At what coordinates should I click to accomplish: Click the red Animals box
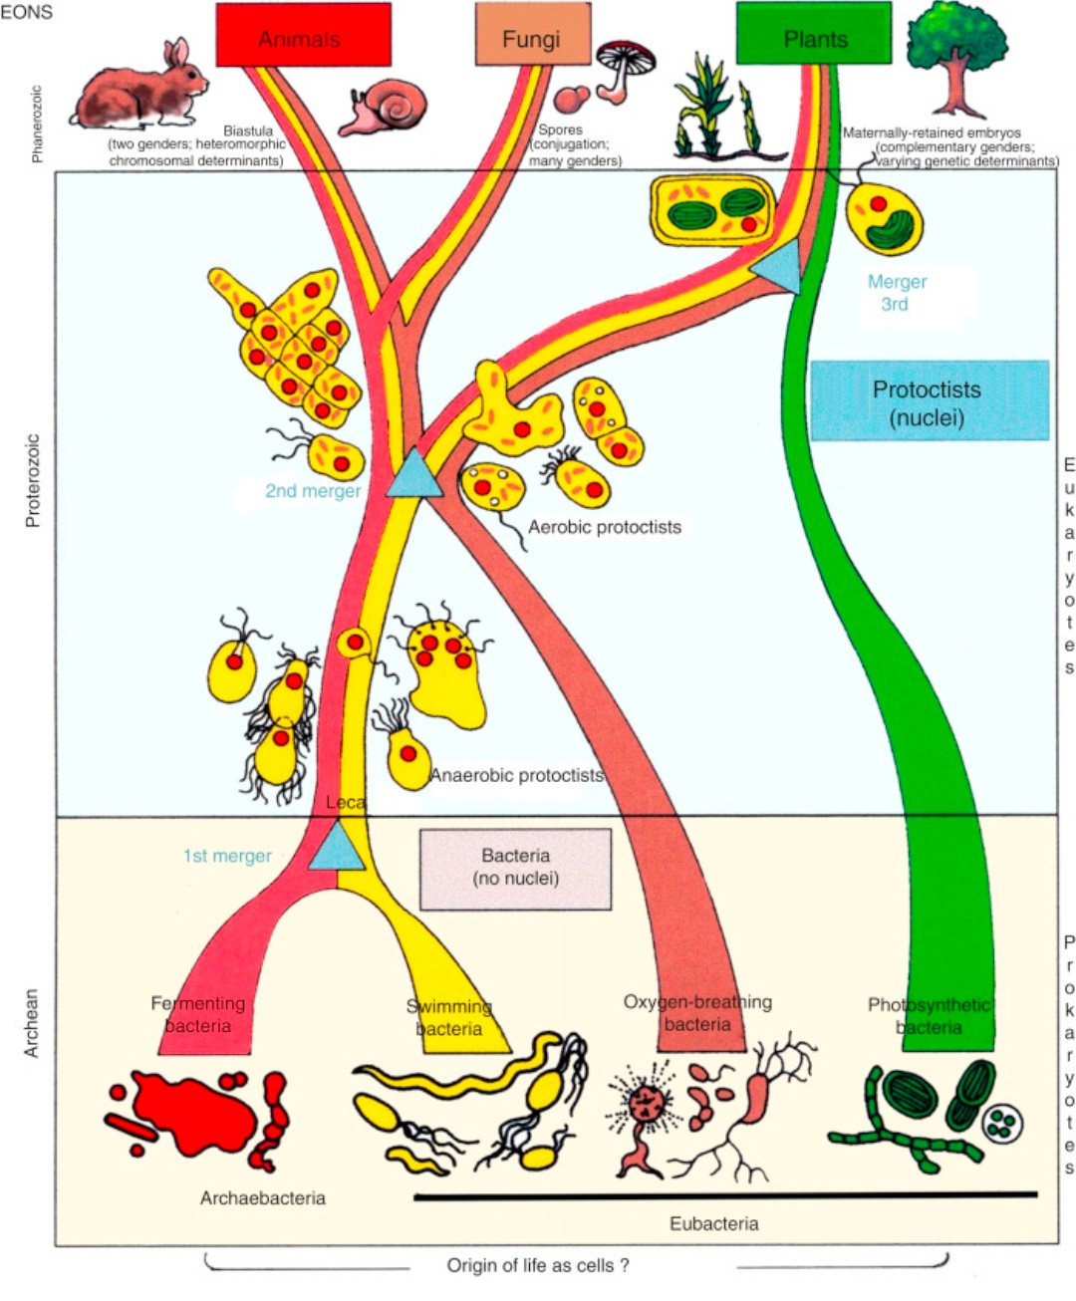click(303, 35)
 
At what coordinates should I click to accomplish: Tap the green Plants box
click(813, 34)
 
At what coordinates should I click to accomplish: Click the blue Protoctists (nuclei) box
click(929, 401)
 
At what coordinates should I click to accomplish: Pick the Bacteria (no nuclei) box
click(515, 869)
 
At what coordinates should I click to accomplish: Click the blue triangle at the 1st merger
click(337, 849)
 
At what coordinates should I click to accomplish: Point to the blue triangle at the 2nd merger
click(413, 475)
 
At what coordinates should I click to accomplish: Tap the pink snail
click(384, 108)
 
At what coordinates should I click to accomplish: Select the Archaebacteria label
click(262, 1198)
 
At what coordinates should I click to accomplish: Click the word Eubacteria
click(713, 1224)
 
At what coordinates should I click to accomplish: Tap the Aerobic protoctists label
click(604, 528)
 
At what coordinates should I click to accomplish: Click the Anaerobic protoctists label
click(516, 776)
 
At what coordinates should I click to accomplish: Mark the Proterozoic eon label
click(33, 480)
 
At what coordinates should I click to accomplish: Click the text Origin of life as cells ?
click(537, 1266)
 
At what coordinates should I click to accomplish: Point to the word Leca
click(345, 803)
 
